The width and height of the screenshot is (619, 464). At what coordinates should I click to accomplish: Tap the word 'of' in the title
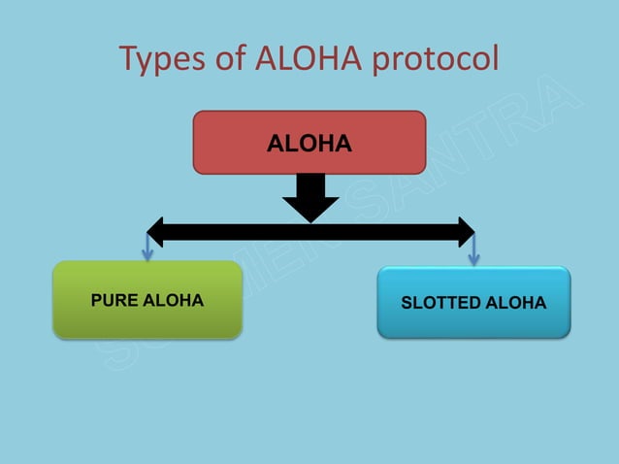(x=232, y=60)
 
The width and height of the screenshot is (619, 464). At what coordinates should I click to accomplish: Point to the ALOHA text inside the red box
(x=309, y=145)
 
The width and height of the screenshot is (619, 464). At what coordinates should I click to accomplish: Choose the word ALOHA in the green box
(x=174, y=301)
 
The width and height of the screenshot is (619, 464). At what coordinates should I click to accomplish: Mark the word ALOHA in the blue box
(x=517, y=303)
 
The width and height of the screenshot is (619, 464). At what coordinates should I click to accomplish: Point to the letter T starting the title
(x=128, y=60)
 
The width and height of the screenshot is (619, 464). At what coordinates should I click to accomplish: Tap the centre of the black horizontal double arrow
(x=310, y=232)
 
